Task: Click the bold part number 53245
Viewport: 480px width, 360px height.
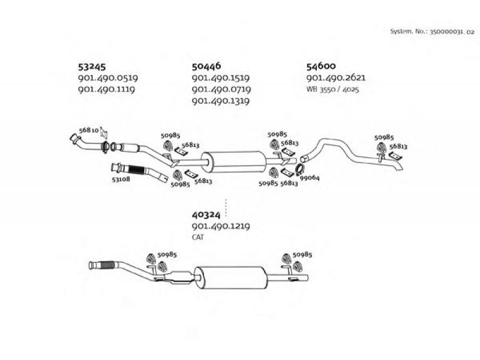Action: tap(92, 67)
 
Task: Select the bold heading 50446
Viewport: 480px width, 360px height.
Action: tap(206, 66)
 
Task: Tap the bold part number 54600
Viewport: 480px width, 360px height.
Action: tap(321, 66)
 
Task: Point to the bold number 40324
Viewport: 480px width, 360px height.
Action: tap(206, 215)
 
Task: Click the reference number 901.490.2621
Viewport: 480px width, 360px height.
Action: tap(336, 78)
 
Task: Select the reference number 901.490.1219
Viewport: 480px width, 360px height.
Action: tap(221, 226)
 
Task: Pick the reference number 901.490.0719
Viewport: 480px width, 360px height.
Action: tap(221, 89)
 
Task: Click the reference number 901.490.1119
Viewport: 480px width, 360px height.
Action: tap(106, 89)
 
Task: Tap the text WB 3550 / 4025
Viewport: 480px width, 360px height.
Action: tap(332, 89)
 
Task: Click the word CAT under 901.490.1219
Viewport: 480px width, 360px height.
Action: tap(198, 237)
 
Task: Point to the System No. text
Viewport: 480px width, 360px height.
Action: tap(432, 32)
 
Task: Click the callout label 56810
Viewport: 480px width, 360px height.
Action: tap(89, 130)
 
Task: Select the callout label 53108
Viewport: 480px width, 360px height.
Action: tap(121, 179)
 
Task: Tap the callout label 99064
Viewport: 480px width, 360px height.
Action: tap(310, 178)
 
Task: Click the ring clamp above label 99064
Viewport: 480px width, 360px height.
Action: tap(299, 169)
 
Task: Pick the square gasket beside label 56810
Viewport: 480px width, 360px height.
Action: tap(104, 133)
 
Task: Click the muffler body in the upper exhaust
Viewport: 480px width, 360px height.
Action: tap(234, 161)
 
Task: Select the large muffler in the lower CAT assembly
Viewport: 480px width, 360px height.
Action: tap(231, 277)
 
